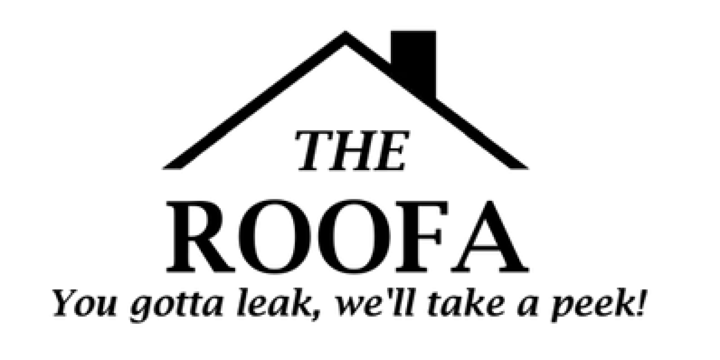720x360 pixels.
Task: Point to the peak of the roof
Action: point(345,31)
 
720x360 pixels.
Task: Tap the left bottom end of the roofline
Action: point(165,168)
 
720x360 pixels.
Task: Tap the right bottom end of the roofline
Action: point(527,168)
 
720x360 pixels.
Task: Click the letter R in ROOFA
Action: point(199,236)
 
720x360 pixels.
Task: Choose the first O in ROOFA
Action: point(275,236)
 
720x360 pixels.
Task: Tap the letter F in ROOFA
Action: point(422,236)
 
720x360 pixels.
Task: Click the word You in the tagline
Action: point(84,303)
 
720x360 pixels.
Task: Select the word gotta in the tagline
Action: point(176,305)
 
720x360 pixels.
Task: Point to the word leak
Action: point(272,302)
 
